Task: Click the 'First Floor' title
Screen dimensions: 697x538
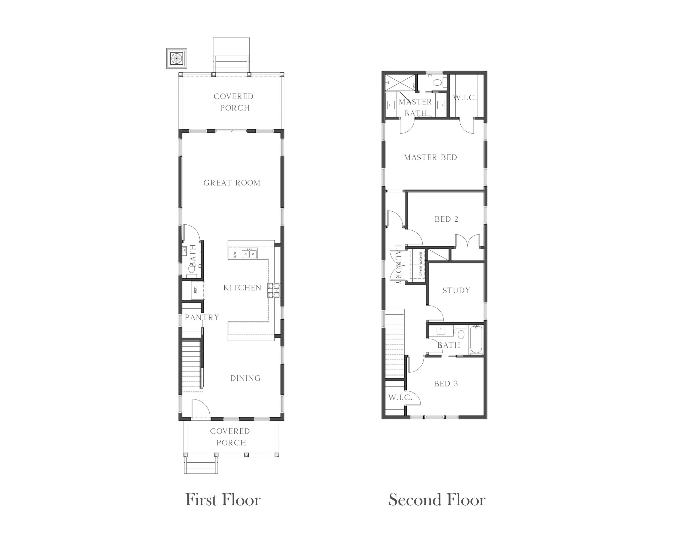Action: click(x=223, y=500)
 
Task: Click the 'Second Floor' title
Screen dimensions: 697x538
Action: click(x=437, y=500)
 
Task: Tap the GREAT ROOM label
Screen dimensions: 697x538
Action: click(x=232, y=183)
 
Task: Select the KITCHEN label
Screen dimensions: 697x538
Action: click(x=242, y=288)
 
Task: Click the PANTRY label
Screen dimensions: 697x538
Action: click(x=202, y=317)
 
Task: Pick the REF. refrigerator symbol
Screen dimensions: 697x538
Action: click(x=198, y=290)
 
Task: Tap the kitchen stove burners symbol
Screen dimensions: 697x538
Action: click(x=274, y=290)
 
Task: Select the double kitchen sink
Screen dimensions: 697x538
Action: click(x=249, y=254)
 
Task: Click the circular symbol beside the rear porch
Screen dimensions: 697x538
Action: click(x=176, y=58)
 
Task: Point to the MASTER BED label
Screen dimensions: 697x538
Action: click(x=430, y=157)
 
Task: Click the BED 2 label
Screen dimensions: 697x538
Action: click(x=447, y=219)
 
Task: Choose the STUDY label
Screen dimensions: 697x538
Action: click(x=456, y=290)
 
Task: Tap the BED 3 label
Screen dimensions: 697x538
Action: click(x=446, y=384)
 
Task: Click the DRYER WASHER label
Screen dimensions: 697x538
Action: click(x=421, y=263)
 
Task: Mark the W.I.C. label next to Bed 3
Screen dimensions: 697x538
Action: click(x=400, y=397)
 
